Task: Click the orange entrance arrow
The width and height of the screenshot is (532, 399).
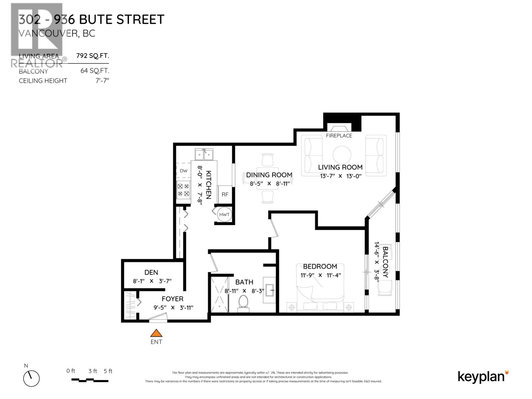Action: pos(156,333)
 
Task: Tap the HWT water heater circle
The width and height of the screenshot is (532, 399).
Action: pos(224,214)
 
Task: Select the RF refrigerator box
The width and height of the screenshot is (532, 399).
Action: pos(225,195)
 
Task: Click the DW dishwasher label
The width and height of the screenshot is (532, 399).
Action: pos(184,171)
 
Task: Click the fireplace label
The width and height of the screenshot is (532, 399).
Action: pos(339,136)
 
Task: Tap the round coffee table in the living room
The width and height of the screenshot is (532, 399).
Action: pos(342,155)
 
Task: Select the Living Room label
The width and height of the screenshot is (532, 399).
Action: pos(340,167)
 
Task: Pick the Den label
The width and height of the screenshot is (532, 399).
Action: pos(151,272)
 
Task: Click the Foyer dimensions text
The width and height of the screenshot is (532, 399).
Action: pos(173,308)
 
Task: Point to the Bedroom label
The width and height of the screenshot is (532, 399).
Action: pos(320,266)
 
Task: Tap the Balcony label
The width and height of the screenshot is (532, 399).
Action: pos(385,262)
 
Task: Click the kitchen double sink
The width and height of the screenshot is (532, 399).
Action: pos(204,155)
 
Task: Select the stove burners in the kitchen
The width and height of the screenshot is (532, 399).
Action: pos(184,190)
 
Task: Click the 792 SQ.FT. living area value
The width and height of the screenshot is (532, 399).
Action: pos(93,56)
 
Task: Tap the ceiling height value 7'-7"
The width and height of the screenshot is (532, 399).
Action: pos(102,81)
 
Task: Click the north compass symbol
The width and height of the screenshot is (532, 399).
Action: pos(32,378)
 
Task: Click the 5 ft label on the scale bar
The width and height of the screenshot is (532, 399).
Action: pos(108,371)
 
